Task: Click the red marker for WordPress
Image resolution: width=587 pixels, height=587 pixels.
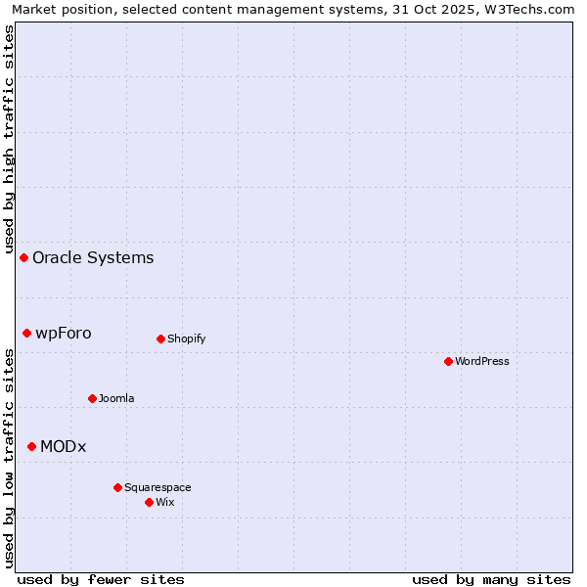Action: pyautogui.click(x=448, y=361)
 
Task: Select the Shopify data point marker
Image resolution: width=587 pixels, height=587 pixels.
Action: pyautogui.click(x=160, y=339)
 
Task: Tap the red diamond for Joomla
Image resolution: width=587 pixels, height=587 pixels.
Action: pyautogui.click(x=92, y=398)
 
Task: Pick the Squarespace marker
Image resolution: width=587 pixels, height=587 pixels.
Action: pyautogui.click(x=117, y=487)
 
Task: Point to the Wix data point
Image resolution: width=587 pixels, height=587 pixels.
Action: pyautogui.click(x=149, y=502)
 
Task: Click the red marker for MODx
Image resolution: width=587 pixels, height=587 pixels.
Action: pyautogui.click(x=31, y=446)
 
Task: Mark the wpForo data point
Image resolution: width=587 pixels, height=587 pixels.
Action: pyautogui.click(x=26, y=333)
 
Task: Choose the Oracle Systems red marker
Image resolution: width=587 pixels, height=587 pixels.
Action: pyautogui.click(x=23, y=257)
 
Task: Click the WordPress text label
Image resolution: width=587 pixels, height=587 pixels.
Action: pyautogui.click(x=482, y=361)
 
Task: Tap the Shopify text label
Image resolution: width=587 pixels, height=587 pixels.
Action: pyautogui.click(x=186, y=339)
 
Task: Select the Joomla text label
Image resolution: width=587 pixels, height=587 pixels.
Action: pyautogui.click(x=116, y=398)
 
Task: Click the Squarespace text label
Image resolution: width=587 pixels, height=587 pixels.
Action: pyautogui.click(x=158, y=487)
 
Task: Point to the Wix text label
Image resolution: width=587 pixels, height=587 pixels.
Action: pyautogui.click(x=164, y=502)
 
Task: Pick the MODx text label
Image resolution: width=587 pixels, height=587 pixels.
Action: pyautogui.click(x=64, y=447)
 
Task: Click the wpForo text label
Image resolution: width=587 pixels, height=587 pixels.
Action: pyautogui.click(x=64, y=334)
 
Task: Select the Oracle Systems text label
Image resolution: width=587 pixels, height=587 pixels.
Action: pyautogui.click(x=93, y=258)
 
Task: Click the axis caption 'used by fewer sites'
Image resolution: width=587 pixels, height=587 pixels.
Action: pyautogui.click(x=101, y=579)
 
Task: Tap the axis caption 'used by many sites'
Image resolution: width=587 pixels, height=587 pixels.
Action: pyautogui.click(x=491, y=579)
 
